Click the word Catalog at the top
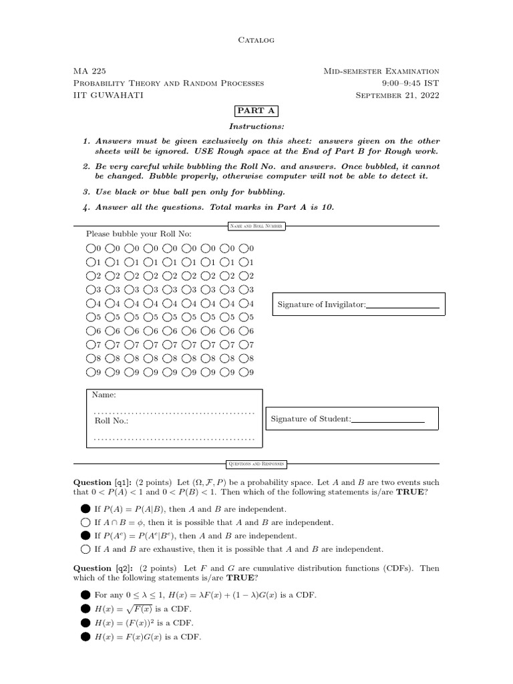point(256,40)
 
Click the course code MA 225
point(89,71)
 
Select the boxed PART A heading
point(256,111)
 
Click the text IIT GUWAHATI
point(108,96)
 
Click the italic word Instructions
point(256,126)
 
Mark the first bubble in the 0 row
point(90,248)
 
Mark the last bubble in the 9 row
point(244,372)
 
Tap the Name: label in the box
point(104,395)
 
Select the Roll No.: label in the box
point(111,421)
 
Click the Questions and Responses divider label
point(256,463)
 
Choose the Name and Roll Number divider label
point(256,226)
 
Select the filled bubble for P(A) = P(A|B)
point(85,509)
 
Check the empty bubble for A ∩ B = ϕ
point(85,522)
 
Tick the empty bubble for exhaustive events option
point(85,549)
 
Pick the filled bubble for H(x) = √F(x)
point(85,609)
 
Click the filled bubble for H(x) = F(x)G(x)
point(85,636)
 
